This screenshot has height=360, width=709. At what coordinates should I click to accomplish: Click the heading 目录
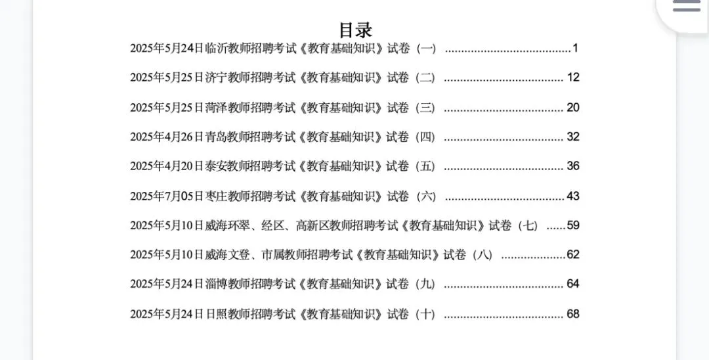(355, 30)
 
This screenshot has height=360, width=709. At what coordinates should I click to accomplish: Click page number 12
(573, 78)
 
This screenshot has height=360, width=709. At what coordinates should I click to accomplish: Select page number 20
(573, 107)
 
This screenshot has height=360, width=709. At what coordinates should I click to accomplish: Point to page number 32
(573, 137)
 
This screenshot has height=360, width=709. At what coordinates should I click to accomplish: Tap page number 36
(573, 166)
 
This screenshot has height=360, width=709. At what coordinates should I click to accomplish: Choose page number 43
(573, 196)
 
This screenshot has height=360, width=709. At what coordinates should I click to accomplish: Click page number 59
(573, 225)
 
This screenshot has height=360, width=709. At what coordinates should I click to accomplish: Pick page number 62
(573, 254)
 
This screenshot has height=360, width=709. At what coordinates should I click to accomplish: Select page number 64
(573, 284)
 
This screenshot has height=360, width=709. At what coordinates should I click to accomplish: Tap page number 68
(573, 314)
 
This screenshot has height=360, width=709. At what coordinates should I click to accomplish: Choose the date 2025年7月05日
(167, 196)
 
